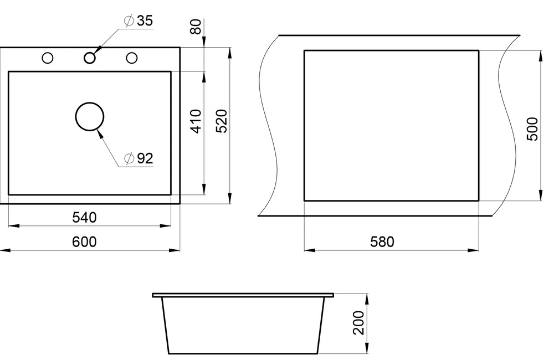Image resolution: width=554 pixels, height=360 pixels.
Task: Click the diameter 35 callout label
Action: [138, 21]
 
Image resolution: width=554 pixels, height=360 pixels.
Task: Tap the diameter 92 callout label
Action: [139, 158]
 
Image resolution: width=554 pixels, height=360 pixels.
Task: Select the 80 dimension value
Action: [196, 27]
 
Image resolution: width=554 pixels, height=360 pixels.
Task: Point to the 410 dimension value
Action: [196, 121]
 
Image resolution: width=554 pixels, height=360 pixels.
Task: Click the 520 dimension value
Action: [222, 121]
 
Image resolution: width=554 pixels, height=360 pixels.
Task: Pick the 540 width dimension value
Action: [84, 218]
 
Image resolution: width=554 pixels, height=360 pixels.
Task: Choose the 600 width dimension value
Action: [84, 242]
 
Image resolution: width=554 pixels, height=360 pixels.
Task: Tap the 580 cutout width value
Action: [382, 242]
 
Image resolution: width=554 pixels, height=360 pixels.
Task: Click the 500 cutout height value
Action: [532, 129]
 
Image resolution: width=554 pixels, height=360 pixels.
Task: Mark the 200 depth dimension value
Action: [358, 322]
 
